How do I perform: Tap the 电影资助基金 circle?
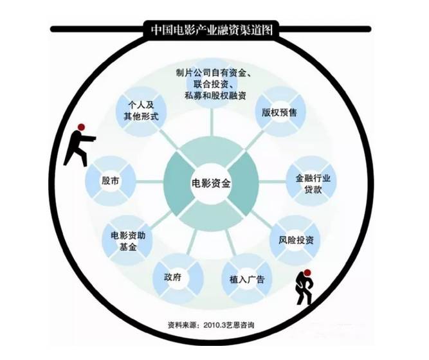(128, 240)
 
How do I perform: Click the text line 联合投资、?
(209, 85)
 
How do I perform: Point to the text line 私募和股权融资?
(209, 98)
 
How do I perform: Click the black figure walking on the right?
(304, 287)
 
